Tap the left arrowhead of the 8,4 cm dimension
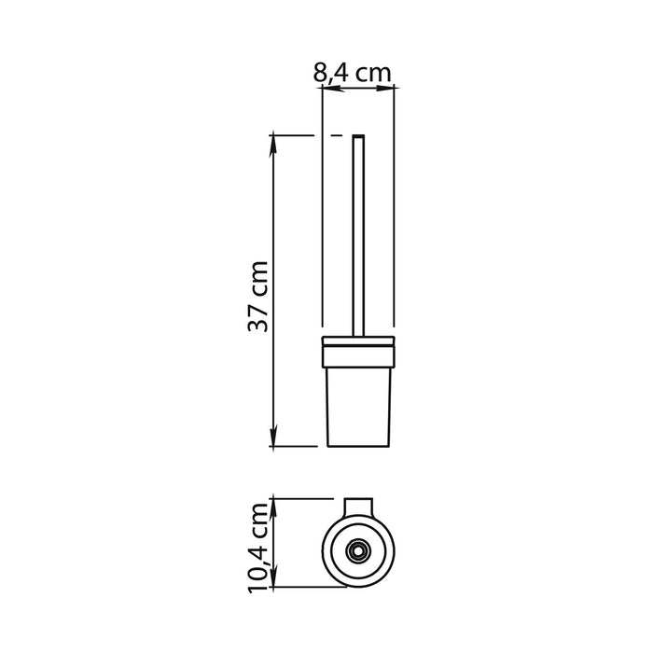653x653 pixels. point(327,90)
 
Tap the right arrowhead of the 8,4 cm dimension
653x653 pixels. point(392,90)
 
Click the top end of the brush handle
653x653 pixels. point(358,138)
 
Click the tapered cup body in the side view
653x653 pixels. point(359,401)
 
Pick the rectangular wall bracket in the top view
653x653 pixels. point(359,507)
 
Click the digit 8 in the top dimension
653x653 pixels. point(321,70)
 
